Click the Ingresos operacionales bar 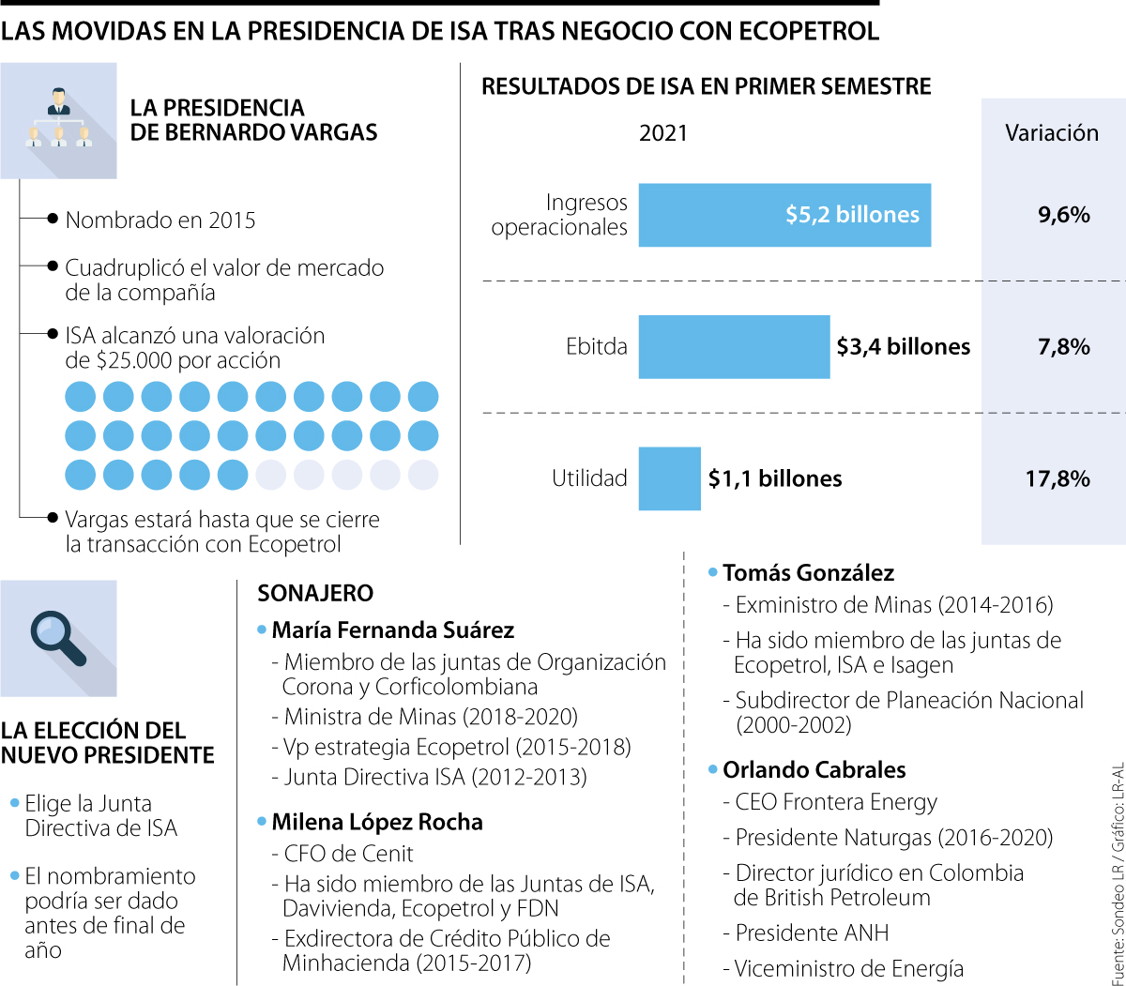(784, 215)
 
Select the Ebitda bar (734, 346)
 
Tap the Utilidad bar (669, 478)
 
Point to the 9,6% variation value (1063, 215)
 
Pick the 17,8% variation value (1058, 478)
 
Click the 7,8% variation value (1063, 347)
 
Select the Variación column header (1052, 133)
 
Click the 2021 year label (663, 133)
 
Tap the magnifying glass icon (58, 638)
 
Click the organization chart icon (58, 120)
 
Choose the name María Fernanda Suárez (393, 630)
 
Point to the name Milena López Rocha (377, 822)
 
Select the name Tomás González (808, 572)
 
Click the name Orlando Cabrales (814, 769)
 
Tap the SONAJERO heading (315, 593)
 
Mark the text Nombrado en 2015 (160, 220)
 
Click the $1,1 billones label (775, 478)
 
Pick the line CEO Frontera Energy (836, 802)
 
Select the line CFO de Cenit (348, 854)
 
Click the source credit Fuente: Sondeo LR (1116, 910)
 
